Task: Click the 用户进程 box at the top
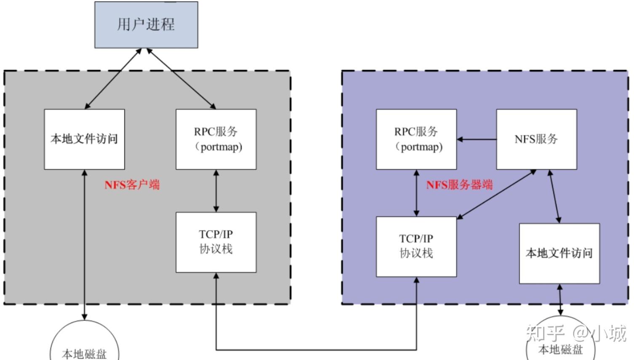(146, 25)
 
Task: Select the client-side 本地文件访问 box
(84, 139)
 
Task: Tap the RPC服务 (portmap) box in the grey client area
(216, 139)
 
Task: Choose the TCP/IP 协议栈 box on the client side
(216, 242)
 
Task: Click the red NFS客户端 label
(132, 184)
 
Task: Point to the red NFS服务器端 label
(459, 184)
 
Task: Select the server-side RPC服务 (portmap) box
(416, 139)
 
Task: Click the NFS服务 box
(536, 139)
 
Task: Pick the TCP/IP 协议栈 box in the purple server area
(416, 247)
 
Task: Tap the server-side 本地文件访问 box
(559, 253)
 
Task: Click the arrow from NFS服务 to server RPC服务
(477, 139)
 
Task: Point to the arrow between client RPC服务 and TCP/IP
(216, 191)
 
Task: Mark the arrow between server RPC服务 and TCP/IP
(416, 193)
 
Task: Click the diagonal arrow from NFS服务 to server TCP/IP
(496, 194)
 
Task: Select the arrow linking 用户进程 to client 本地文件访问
(113, 79)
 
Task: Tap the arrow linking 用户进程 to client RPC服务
(181, 79)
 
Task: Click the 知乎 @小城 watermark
(576, 333)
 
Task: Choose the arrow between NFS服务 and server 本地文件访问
(554, 196)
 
